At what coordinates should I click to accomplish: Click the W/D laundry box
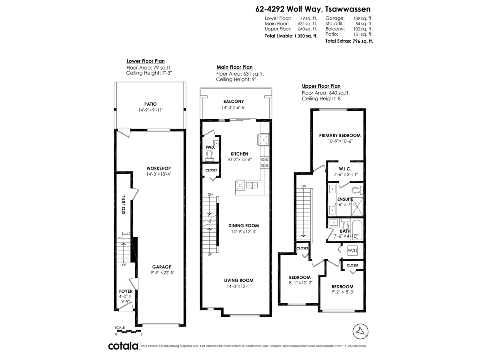pyautogui.click(x=352, y=250)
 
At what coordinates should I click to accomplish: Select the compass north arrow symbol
pyautogui.click(x=360, y=332)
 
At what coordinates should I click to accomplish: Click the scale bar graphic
pyautogui.click(x=128, y=331)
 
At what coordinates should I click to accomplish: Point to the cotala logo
pyautogui.click(x=124, y=346)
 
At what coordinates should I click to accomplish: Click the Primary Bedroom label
pyautogui.click(x=340, y=136)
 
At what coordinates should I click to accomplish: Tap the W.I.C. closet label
pyautogui.click(x=345, y=169)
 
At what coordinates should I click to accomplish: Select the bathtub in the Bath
pyautogui.click(x=357, y=230)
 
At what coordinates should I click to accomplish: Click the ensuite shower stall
pyautogui.click(x=357, y=207)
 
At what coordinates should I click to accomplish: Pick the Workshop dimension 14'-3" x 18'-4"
pyautogui.click(x=159, y=174)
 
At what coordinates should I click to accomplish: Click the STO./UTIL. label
pyautogui.click(x=124, y=204)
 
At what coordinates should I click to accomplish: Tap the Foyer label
pyautogui.click(x=126, y=291)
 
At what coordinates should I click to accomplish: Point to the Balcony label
pyautogui.click(x=234, y=102)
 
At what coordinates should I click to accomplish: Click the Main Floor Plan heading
pyautogui.click(x=234, y=67)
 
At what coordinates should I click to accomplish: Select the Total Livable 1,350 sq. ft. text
pyautogui.click(x=291, y=36)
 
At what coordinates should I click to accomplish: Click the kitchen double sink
pyautogui.click(x=252, y=185)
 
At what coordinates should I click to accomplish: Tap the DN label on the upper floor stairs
pyautogui.click(x=304, y=186)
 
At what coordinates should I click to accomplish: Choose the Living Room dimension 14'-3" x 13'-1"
pyautogui.click(x=239, y=286)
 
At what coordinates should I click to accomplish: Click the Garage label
pyautogui.click(x=162, y=267)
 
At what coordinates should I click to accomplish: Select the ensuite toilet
pyautogui.click(x=358, y=190)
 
